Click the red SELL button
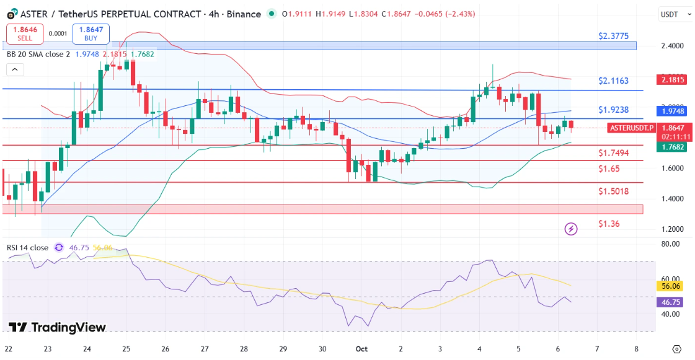point(25,33)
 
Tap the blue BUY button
point(91,33)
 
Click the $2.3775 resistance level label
point(614,36)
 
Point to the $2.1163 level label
point(614,81)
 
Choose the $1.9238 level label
point(614,110)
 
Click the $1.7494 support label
point(614,152)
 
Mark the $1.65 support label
point(609,169)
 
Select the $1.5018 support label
point(614,191)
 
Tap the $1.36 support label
point(609,223)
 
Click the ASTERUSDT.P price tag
point(632,128)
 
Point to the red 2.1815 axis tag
point(673,79)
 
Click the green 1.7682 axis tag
point(673,147)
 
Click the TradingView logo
point(57,327)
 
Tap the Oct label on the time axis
point(361,349)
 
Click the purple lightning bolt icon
point(571,229)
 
